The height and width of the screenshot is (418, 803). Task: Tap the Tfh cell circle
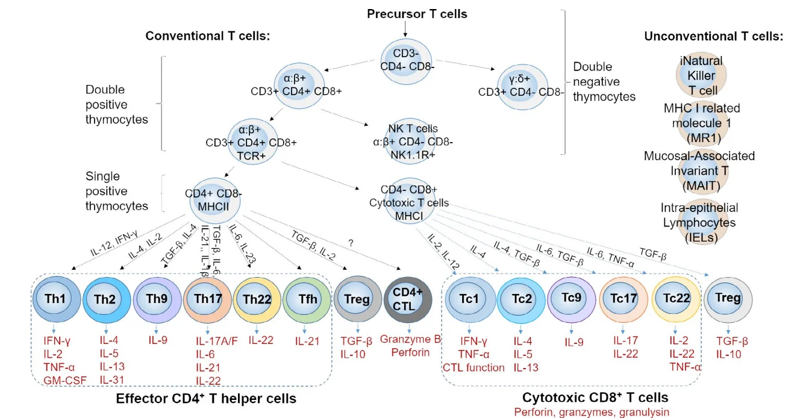307,299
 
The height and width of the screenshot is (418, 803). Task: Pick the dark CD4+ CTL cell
407,299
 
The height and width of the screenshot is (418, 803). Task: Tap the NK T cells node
413,142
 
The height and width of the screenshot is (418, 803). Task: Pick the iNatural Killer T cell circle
699,75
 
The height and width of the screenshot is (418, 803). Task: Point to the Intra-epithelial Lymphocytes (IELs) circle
699,223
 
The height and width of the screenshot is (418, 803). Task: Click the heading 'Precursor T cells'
417,13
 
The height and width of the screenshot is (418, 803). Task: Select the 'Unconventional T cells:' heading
713,36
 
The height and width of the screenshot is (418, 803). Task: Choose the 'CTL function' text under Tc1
473,367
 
